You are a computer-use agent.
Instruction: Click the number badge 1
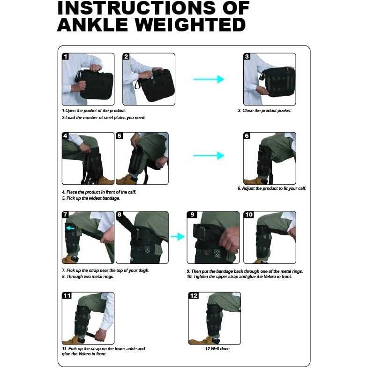[x=66, y=57]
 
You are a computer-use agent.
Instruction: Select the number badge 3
[x=247, y=57]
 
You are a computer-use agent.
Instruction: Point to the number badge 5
[x=120, y=136]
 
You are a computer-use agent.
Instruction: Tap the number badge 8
[x=120, y=215]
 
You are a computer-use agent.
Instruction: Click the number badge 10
[x=249, y=215]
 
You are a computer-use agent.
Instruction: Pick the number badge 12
[x=194, y=296]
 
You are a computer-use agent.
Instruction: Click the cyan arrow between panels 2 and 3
[x=209, y=79]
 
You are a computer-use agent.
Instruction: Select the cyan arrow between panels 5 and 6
[x=209, y=155]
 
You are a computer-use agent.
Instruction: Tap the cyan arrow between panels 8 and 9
[x=178, y=237]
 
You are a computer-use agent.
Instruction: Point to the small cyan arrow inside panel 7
[x=70, y=228]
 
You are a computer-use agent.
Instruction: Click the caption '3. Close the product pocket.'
[x=265, y=111]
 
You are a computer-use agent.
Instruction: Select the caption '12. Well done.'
[x=218, y=349]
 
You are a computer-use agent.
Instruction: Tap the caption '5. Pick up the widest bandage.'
[x=91, y=198]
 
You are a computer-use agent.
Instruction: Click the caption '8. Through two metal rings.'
[x=88, y=277]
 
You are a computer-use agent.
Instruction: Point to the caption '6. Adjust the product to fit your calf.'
[x=272, y=188]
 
